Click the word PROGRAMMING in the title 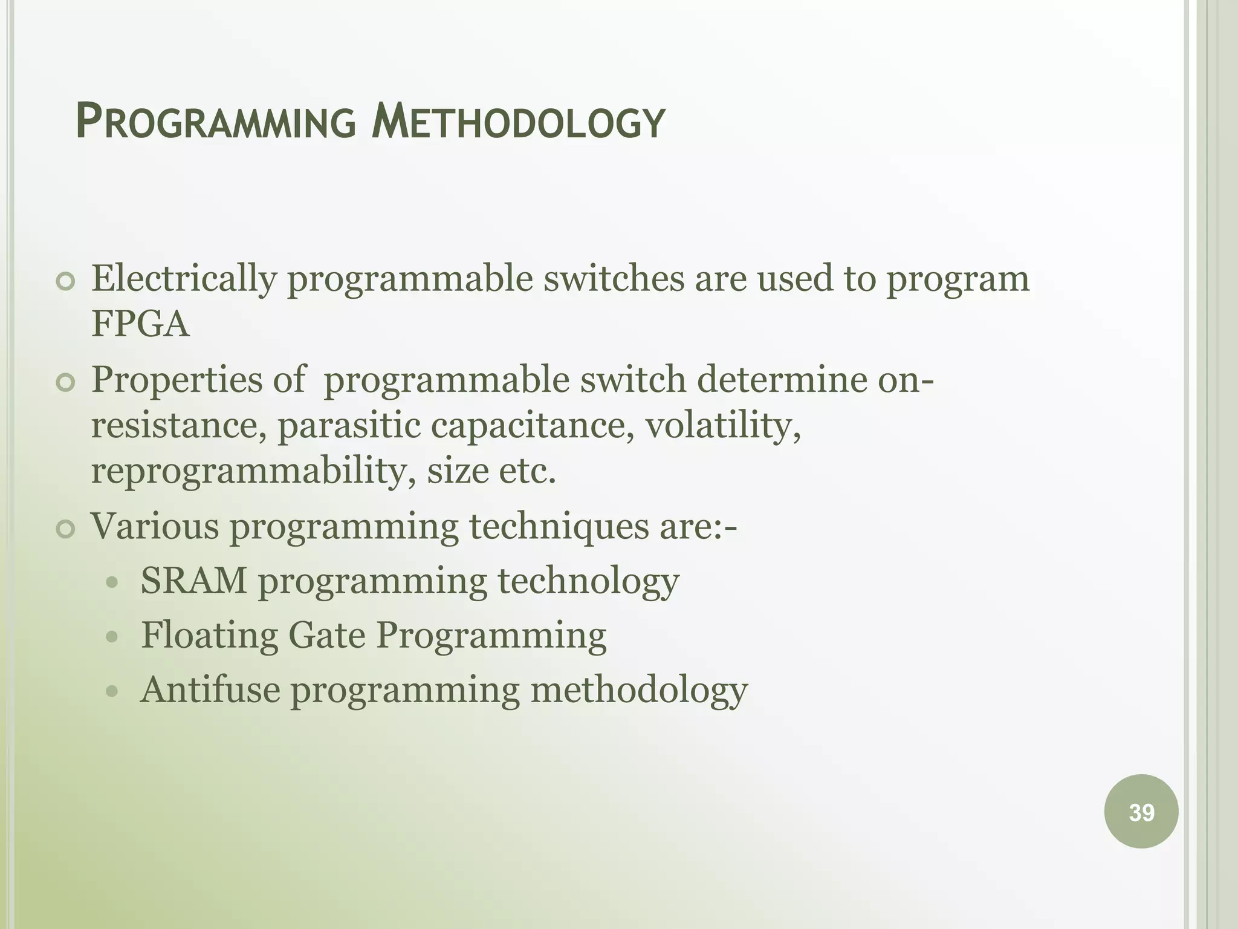pyautogui.click(x=216, y=122)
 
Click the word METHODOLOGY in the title pyautogui.click(x=518, y=122)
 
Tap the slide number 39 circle pyautogui.click(x=1141, y=812)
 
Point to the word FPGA pyautogui.click(x=140, y=324)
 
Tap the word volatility pyautogui.click(x=723, y=425)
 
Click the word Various pyautogui.click(x=155, y=526)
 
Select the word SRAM pyautogui.click(x=194, y=581)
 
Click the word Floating pyautogui.click(x=209, y=636)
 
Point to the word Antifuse pyautogui.click(x=210, y=689)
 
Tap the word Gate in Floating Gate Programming pyautogui.click(x=327, y=636)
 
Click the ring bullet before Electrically pyautogui.click(x=65, y=281)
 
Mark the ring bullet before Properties pyautogui.click(x=65, y=383)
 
